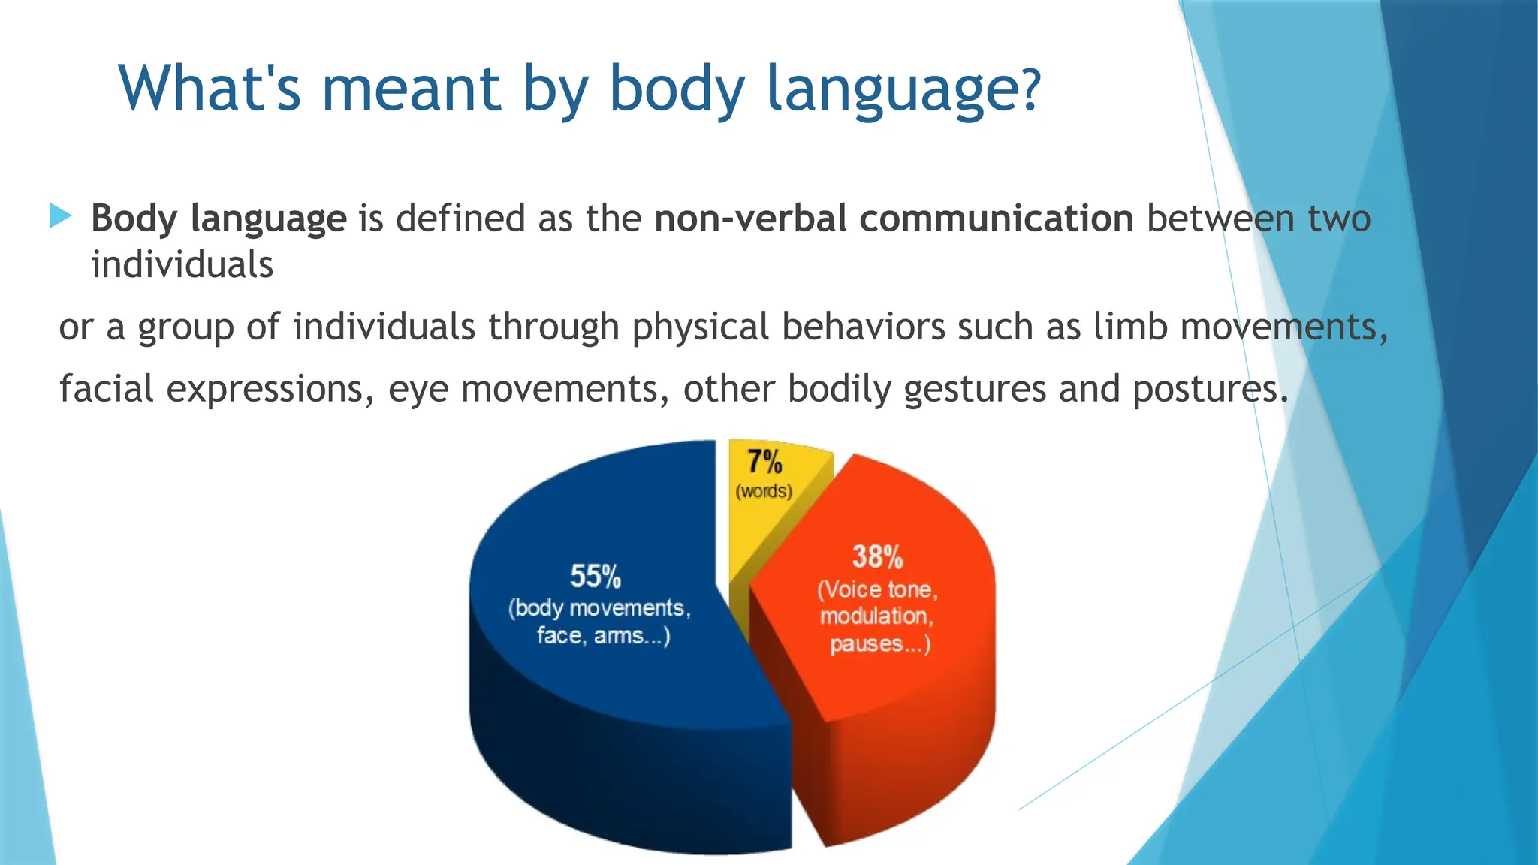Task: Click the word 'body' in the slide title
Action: coord(676,89)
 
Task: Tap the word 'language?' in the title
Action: coord(903,89)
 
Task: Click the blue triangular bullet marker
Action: coord(60,216)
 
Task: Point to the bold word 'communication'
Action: coord(996,219)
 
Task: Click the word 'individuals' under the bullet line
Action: coord(182,265)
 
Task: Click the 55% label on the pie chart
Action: coord(596,577)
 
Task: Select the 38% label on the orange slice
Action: coord(877,557)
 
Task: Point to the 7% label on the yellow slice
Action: coord(764,462)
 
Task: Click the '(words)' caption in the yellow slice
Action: coord(764,491)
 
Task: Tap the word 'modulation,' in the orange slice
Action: coord(876,616)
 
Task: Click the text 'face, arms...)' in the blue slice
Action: coord(603,636)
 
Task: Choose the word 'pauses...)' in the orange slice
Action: coord(879,644)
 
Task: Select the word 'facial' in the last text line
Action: coord(107,389)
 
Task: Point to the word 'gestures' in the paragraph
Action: coord(975,389)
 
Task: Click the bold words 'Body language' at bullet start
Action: coord(219,219)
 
